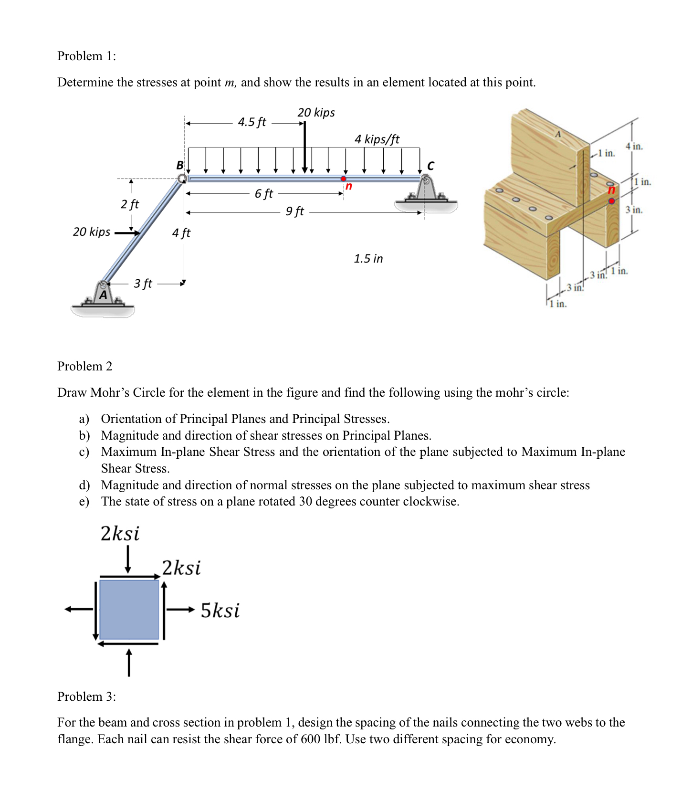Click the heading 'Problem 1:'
pos(86,56)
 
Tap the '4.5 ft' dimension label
pos(252,122)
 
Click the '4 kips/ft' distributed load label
pos(377,139)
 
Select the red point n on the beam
pos(343,179)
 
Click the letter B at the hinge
pos(179,165)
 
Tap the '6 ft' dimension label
pos(263,194)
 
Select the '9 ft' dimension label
pos(294,211)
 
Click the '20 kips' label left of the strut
pos(91,232)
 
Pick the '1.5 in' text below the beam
pos(368,259)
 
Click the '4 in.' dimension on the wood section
pos(634,147)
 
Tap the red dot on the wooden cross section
pos(611,201)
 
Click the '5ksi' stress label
pos(220,611)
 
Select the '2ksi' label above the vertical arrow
pos(120,533)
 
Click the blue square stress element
pos(129,610)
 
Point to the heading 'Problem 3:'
pos(86,696)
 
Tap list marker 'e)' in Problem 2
pos(84,502)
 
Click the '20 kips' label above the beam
pos(316,113)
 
